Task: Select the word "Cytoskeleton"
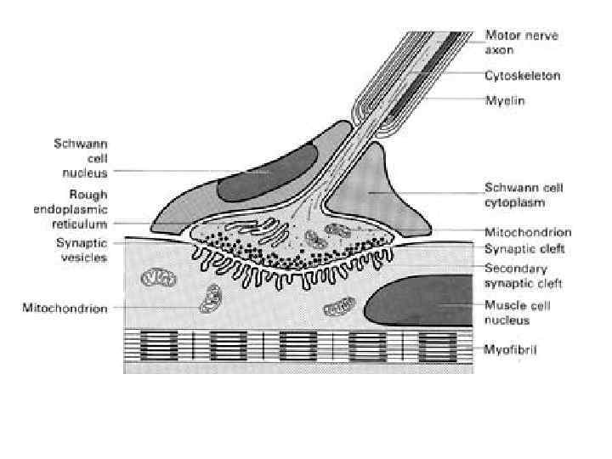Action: (522, 76)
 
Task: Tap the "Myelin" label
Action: (505, 100)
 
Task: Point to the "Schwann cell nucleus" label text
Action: (76, 158)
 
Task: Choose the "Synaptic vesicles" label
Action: (76, 250)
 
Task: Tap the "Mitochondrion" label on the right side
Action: (527, 232)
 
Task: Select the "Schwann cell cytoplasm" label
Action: (524, 195)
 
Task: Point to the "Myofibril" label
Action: (512, 349)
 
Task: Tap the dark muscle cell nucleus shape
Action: (416, 303)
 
